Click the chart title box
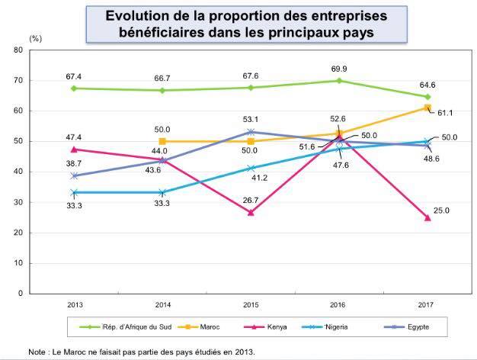[x=247, y=24]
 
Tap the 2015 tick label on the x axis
[x=251, y=304]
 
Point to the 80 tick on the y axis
[x=18, y=50]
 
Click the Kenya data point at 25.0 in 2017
[x=427, y=217]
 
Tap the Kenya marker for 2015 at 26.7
[x=251, y=212]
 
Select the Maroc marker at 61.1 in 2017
[x=427, y=108]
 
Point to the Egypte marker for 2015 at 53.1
[x=251, y=132]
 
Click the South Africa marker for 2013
[x=74, y=88]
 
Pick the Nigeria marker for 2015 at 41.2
[x=251, y=168]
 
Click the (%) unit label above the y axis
[x=36, y=37]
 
